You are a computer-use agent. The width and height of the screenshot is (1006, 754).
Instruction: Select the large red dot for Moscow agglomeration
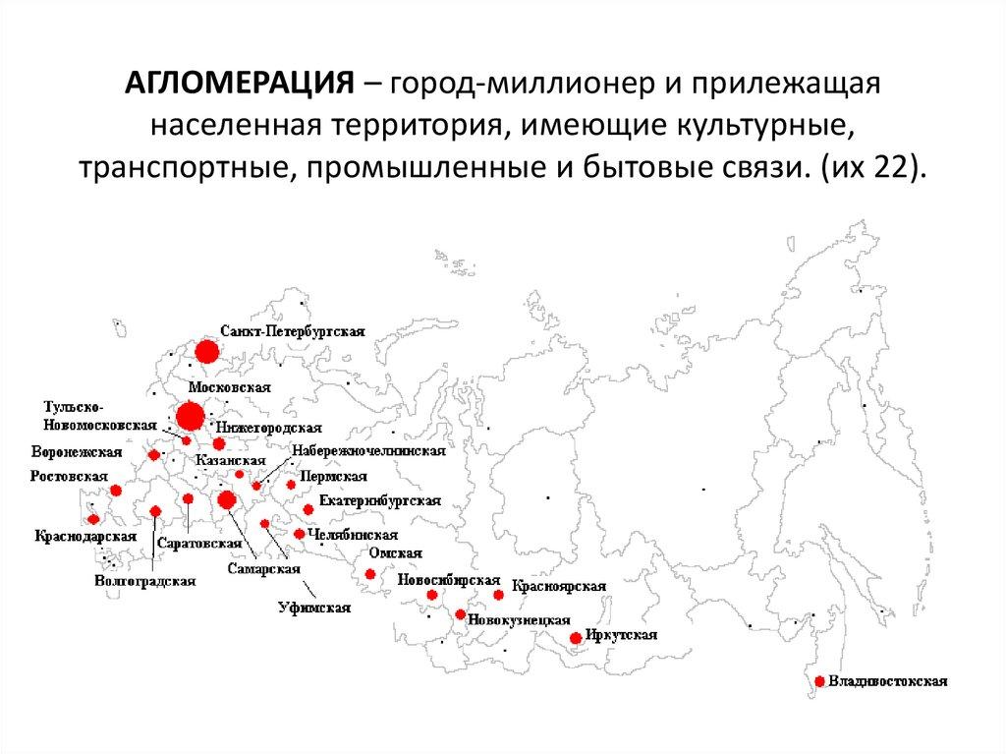click(x=190, y=416)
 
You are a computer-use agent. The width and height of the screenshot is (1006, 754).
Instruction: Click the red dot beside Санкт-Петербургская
click(x=206, y=351)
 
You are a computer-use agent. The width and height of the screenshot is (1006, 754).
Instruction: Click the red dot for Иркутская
click(x=576, y=639)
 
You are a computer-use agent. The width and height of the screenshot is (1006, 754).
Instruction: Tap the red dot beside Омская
click(x=370, y=574)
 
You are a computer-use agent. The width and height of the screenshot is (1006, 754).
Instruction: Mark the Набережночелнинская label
click(x=368, y=451)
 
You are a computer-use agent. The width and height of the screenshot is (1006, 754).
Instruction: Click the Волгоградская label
click(x=145, y=581)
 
